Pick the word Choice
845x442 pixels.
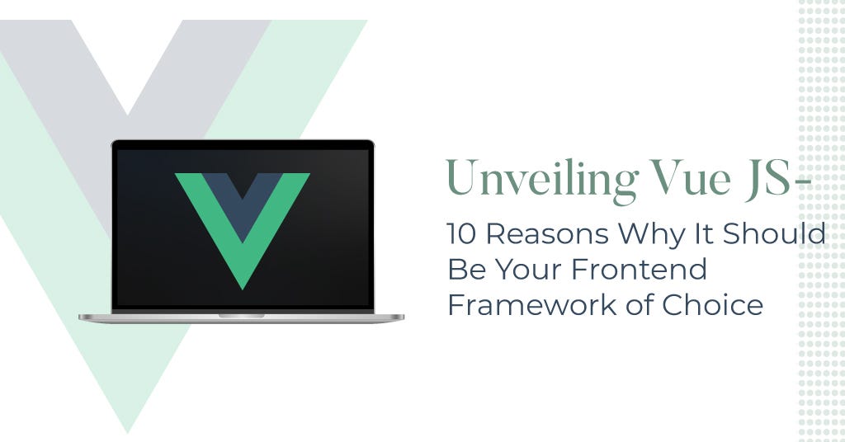click(x=713, y=305)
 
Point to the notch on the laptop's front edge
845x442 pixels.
click(x=242, y=315)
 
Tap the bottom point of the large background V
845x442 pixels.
click(x=128, y=430)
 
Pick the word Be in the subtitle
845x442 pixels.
click(x=462, y=270)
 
